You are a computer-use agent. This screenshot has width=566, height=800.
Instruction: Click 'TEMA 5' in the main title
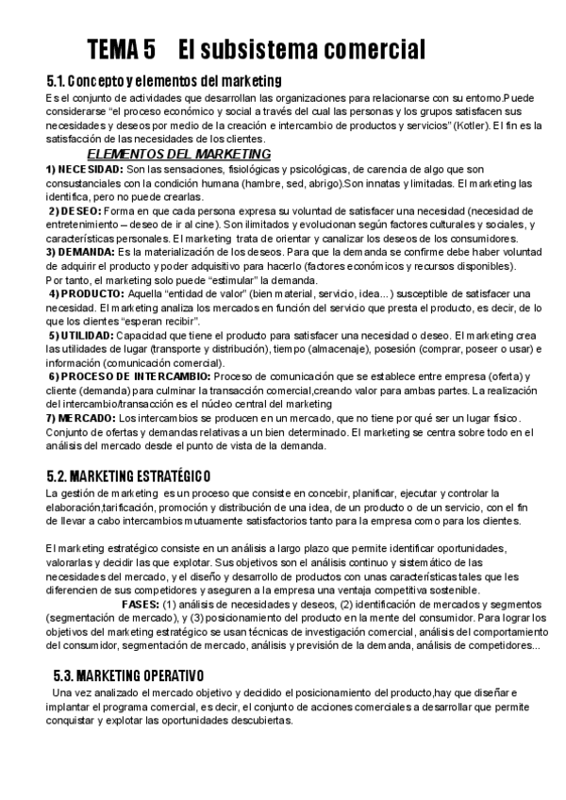122,48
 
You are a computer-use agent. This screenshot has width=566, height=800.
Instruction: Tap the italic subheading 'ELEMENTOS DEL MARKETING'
178,154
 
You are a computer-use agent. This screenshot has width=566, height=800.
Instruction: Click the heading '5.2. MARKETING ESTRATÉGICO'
128,475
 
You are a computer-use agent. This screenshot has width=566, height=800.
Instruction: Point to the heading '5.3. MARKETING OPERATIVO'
129,675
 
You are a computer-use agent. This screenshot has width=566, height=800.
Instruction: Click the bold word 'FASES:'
141,605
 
